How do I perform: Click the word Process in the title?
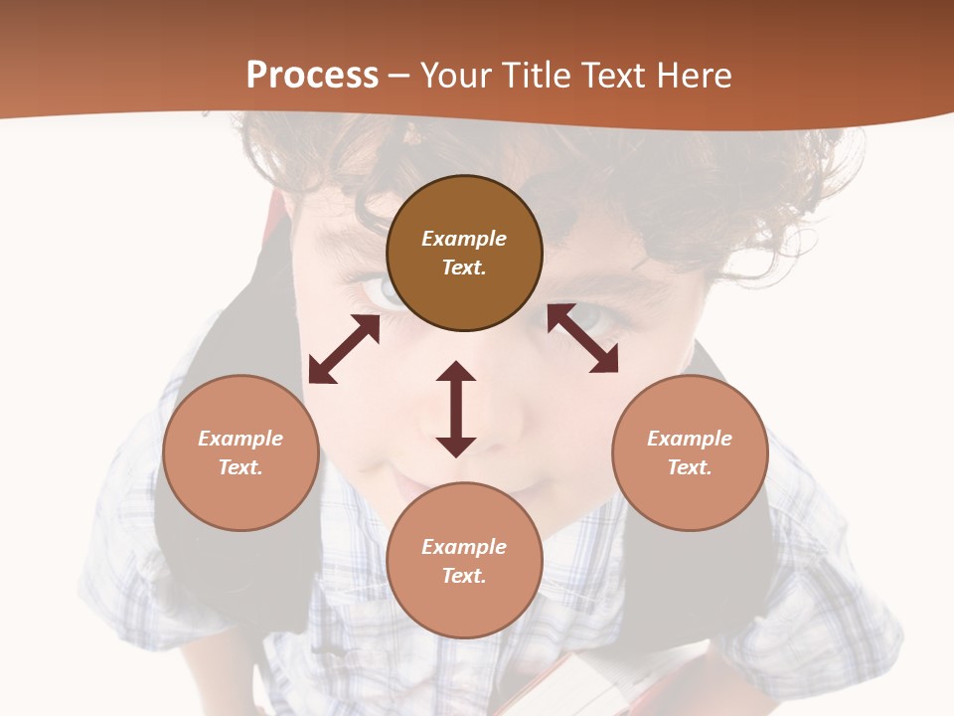312,76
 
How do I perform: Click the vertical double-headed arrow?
456,409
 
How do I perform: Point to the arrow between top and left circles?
344,349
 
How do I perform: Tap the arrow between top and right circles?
582,338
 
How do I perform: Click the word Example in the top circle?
464,239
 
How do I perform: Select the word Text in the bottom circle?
464,576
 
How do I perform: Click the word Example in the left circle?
240,439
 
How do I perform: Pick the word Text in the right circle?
690,467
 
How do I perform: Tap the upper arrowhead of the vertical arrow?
456,371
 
